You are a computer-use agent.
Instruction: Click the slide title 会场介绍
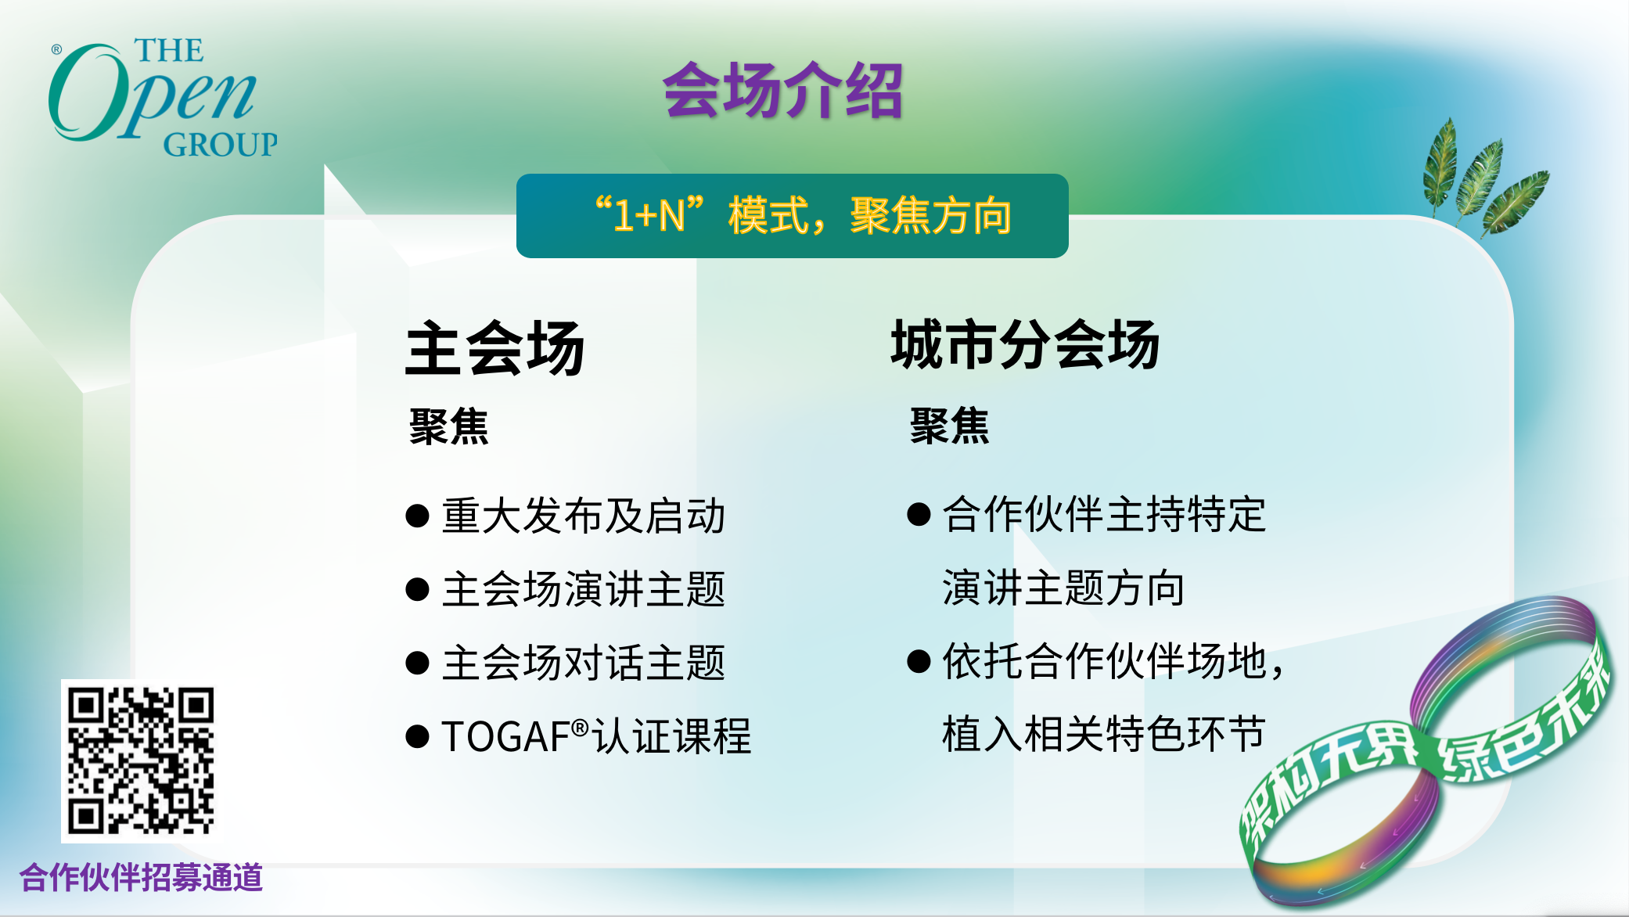782,91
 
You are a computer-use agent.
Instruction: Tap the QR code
141,761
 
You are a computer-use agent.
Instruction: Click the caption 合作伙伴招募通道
141,877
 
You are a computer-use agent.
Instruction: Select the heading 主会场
494,348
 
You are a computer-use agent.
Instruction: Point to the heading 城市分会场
1025,344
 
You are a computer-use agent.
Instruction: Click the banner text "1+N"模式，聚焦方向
804,215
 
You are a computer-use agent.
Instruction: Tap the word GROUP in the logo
220,145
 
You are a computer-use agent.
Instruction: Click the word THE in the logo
169,50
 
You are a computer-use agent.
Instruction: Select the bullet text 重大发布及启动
584,516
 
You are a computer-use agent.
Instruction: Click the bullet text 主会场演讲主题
584,589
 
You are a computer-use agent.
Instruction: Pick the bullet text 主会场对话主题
584,663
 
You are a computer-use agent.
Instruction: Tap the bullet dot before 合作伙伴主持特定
919,514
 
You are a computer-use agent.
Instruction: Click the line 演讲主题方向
1063,588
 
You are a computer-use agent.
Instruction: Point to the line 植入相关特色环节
1104,734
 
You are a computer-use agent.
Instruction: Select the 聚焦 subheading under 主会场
448,426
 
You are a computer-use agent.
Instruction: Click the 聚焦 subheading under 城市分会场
949,426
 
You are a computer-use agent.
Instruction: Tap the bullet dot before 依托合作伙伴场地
919,661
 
